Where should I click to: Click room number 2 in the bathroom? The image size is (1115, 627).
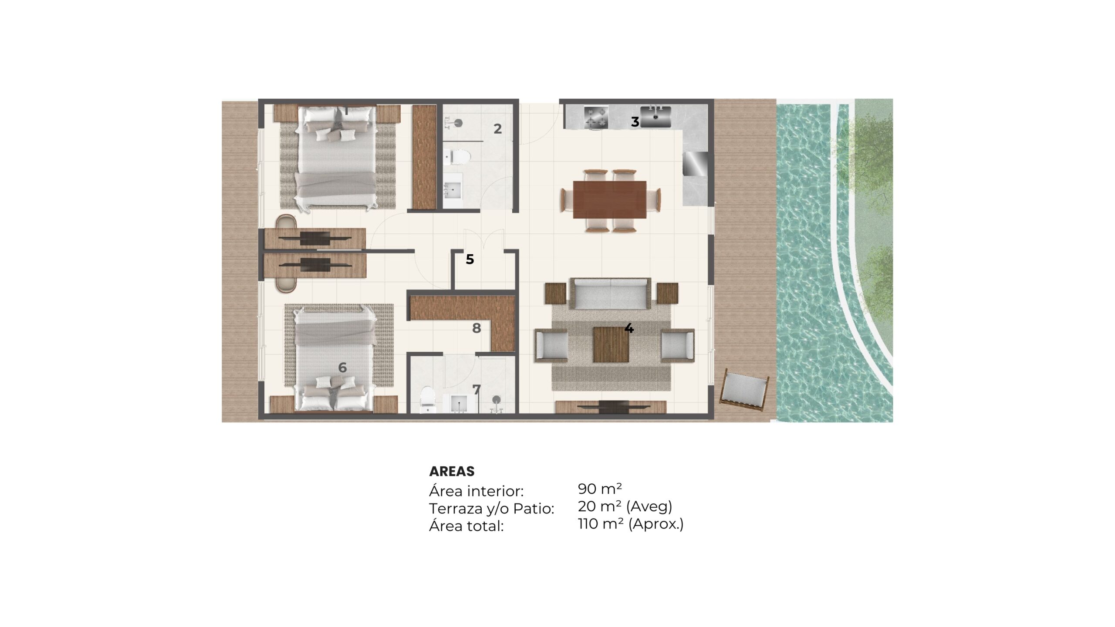(x=497, y=129)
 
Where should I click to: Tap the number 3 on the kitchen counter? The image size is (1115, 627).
(x=635, y=122)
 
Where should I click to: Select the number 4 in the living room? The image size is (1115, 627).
(x=629, y=328)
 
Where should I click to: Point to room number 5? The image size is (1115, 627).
(x=470, y=260)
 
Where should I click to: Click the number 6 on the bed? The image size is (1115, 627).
(x=342, y=368)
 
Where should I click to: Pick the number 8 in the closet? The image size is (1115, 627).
(x=476, y=328)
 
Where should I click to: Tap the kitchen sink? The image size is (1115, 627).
(x=655, y=116)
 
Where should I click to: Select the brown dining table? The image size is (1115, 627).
(x=610, y=199)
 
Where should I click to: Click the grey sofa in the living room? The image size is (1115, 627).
(x=610, y=293)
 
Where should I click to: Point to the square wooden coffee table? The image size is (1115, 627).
(x=611, y=344)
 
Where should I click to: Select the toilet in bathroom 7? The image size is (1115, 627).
(x=427, y=399)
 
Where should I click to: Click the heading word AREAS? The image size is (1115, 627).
(x=452, y=471)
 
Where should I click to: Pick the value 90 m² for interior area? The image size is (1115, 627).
(x=600, y=489)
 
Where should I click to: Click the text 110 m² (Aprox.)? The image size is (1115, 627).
(x=631, y=524)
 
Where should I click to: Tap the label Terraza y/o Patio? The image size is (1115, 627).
(x=492, y=509)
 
